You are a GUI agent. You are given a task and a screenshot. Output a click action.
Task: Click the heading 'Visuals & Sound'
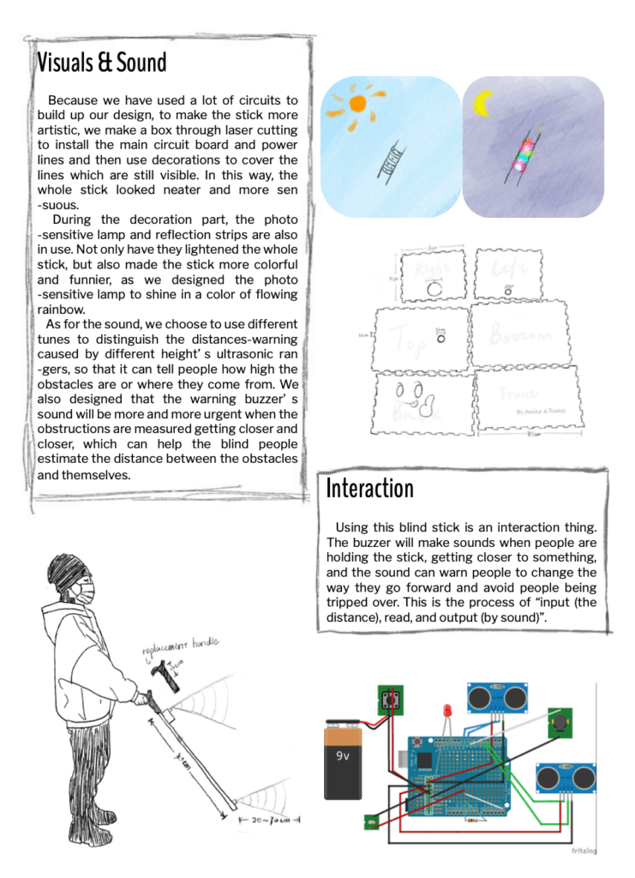point(102,63)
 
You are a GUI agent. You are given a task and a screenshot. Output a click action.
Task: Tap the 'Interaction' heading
point(369,488)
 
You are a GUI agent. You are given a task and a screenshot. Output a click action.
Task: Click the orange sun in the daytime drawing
point(357,104)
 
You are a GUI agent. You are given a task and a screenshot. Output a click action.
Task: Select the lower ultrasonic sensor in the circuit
point(566,777)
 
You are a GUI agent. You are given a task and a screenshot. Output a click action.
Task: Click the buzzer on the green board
point(560,722)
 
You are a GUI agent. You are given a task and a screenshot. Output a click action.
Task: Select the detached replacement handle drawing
point(162,677)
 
